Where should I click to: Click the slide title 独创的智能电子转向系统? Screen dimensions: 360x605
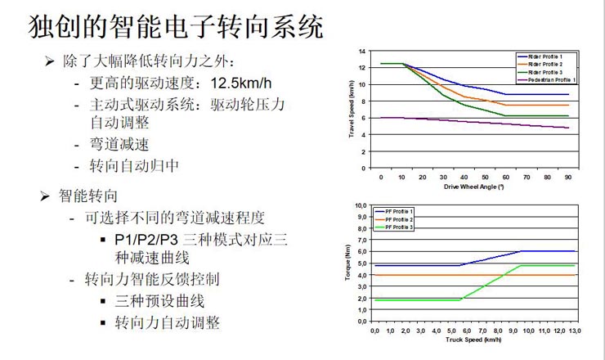pyautogui.click(x=175, y=26)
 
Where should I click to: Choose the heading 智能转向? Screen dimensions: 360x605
pyautogui.click(x=89, y=196)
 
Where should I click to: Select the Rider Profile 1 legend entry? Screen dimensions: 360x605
pyautogui.click(x=546, y=56)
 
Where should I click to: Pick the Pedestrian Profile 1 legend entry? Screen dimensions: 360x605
pyautogui.click(x=551, y=79)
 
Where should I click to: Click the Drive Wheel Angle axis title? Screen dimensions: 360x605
pyautogui.click(x=474, y=187)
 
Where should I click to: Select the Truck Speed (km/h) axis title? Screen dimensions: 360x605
pyautogui.click(x=474, y=339)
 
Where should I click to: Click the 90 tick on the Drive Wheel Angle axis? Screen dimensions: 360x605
pyautogui.click(x=567, y=176)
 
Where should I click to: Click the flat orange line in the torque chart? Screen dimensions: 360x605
pyautogui.click(x=425, y=275)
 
